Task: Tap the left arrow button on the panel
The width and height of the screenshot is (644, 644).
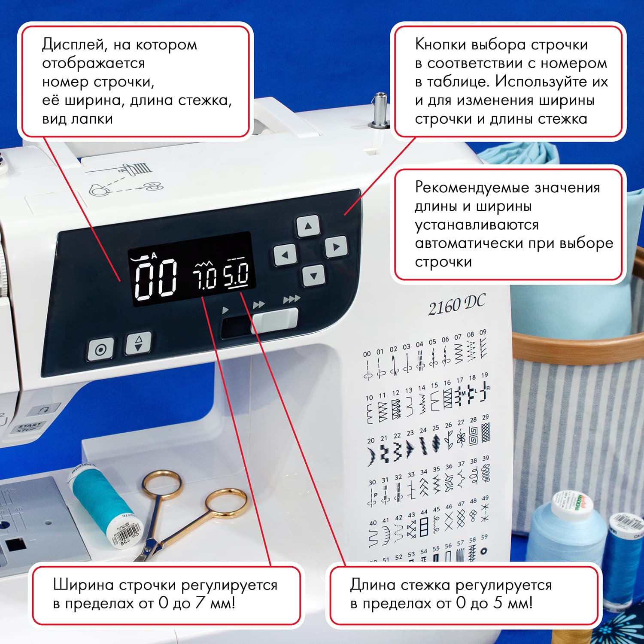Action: point(285,255)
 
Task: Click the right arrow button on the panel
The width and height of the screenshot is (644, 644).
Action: point(336,247)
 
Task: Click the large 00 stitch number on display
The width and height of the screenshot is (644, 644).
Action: point(155,279)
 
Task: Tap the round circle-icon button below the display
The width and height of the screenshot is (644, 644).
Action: point(101,349)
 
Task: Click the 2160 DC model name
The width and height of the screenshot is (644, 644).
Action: point(456,305)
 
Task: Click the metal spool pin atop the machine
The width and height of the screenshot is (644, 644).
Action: point(380,109)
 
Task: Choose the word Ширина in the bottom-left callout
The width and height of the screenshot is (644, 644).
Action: point(83,585)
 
